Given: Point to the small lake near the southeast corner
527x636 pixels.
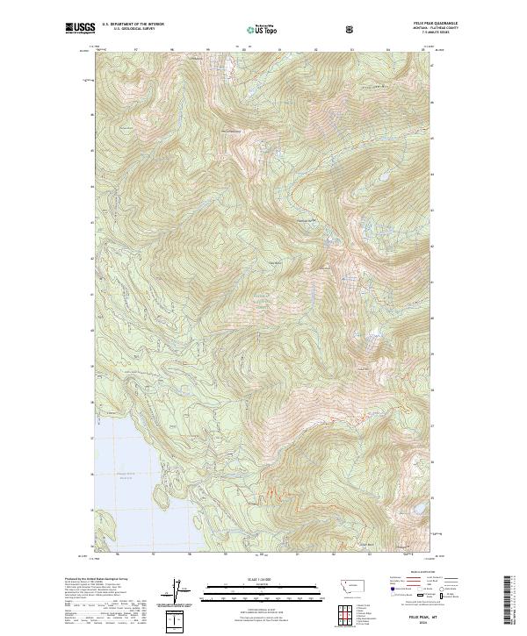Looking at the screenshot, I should coord(406,542).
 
